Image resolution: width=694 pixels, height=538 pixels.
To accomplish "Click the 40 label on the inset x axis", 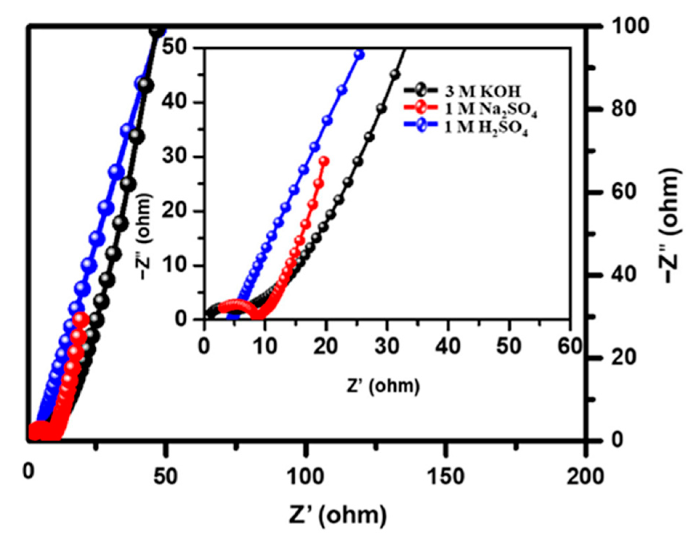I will tap(448, 346).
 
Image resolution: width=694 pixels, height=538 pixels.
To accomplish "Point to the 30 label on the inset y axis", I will tap(174, 157).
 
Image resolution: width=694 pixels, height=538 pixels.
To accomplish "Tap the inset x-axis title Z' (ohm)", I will tap(383, 385).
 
